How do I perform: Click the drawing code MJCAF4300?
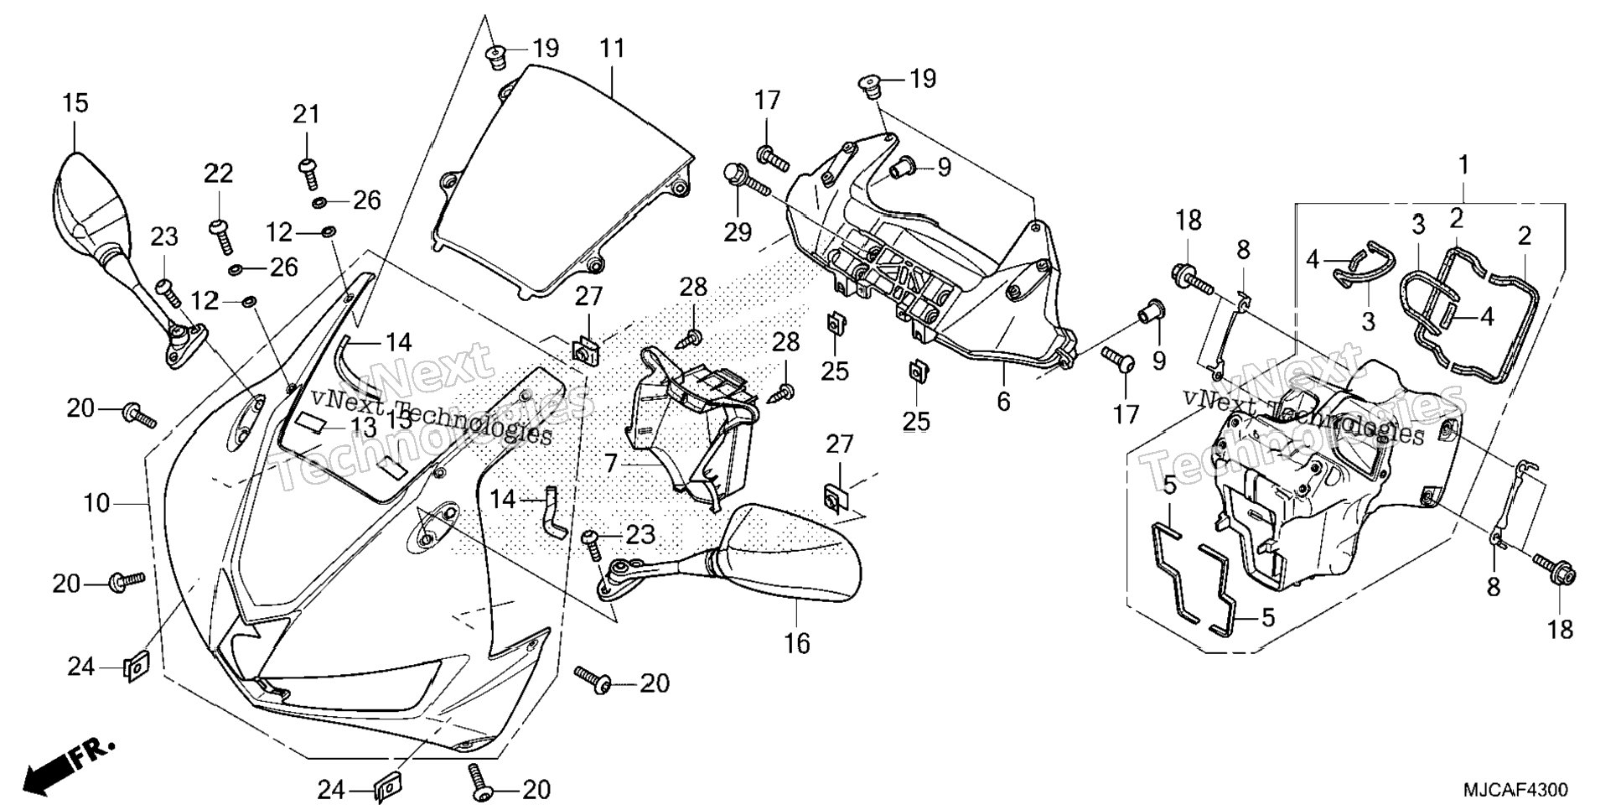click(x=1515, y=790)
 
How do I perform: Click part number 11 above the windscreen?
click(x=613, y=49)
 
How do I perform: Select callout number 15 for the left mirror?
click(x=75, y=103)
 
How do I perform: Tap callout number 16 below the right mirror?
click(x=797, y=643)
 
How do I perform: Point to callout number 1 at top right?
click(x=1463, y=165)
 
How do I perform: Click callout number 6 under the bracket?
click(x=1003, y=402)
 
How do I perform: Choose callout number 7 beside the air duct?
click(x=610, y=462)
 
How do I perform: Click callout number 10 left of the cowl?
click(x=96, y=503)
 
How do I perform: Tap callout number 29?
click(x=738, y=232)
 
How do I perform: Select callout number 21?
click(x=306, y=113)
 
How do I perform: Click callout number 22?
click(x=219, y=174)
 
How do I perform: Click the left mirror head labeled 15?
click(x=92, y=201)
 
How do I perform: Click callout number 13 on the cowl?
click(x=362, y=427)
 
